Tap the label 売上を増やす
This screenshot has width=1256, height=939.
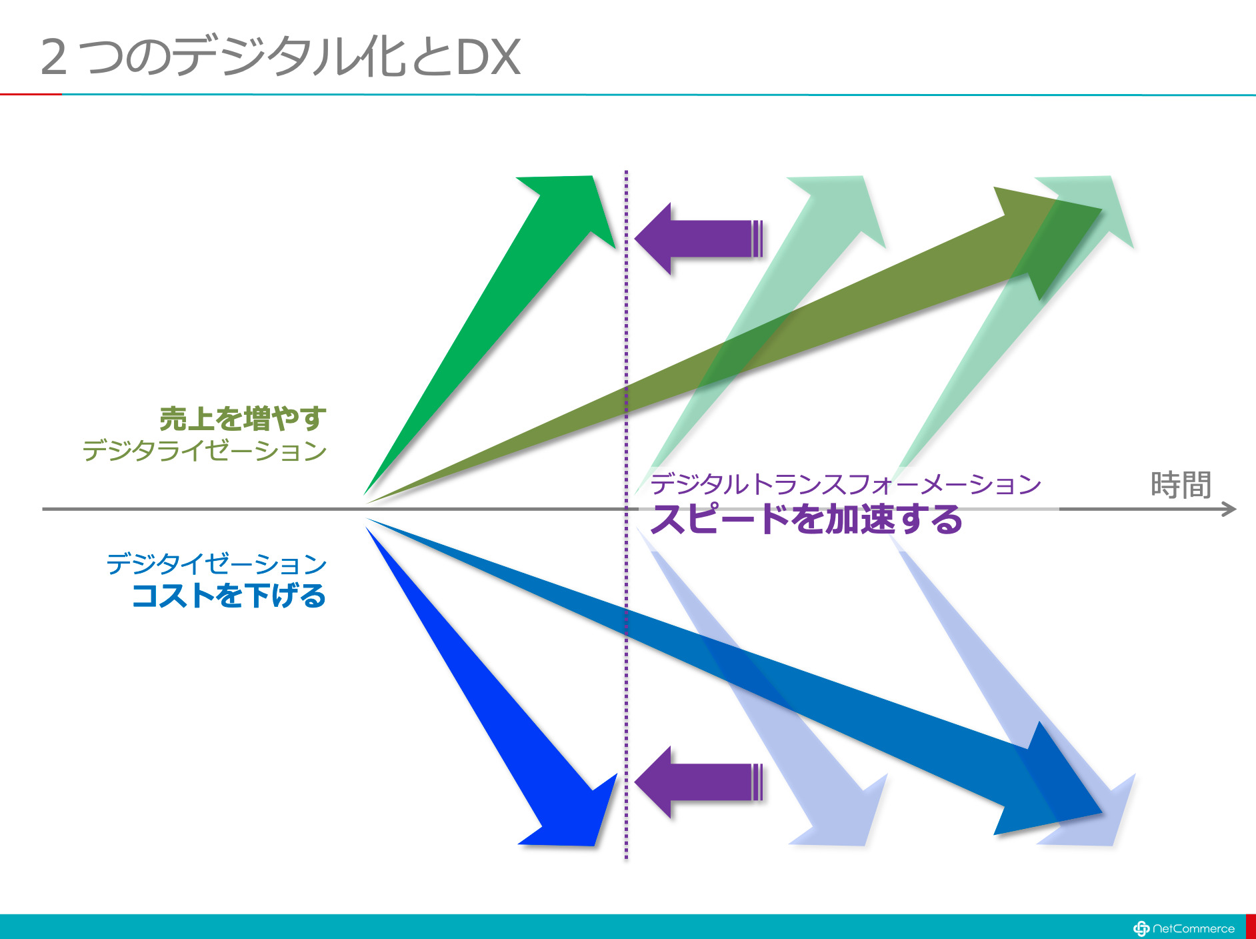point(243,419)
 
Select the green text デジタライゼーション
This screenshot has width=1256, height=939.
point(205,451)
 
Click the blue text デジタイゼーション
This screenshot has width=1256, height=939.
point(217,564)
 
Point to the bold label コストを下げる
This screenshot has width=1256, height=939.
point(229,595)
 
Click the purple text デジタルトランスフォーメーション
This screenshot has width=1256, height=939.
point(845,484)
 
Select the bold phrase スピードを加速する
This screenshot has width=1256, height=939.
point(806,519)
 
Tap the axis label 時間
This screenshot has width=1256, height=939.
point(1181,485)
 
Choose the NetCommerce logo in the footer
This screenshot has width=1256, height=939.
point(1184,928)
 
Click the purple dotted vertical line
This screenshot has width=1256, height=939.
point(626,515)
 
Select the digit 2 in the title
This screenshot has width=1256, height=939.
point(54,57)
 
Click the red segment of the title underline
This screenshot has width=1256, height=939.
point(31,95)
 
